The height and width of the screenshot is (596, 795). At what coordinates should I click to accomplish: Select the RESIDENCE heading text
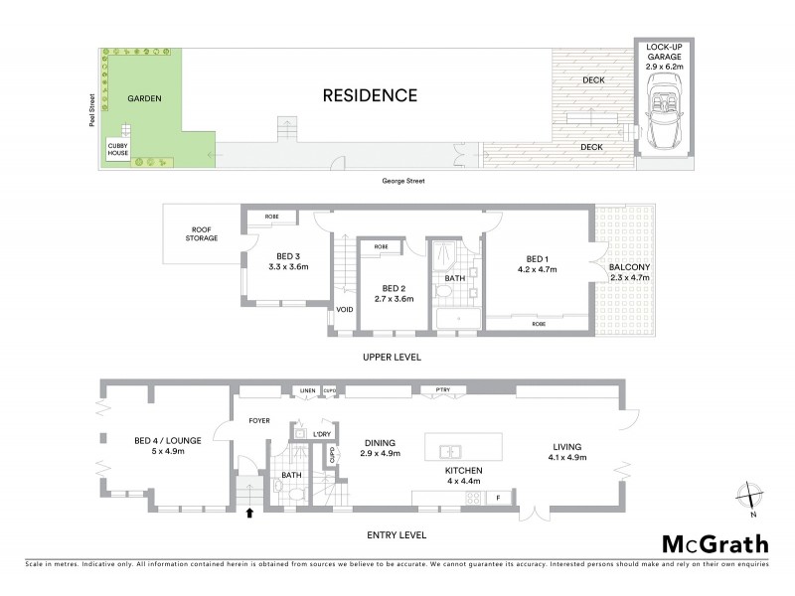(369, 96)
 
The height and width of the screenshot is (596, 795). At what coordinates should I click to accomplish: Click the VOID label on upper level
(344, 309)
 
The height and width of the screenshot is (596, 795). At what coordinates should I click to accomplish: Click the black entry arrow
(249, 514)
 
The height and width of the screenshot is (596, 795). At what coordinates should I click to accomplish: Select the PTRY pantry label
(430, 388)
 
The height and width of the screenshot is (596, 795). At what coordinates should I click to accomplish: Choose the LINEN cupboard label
(308, 390)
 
